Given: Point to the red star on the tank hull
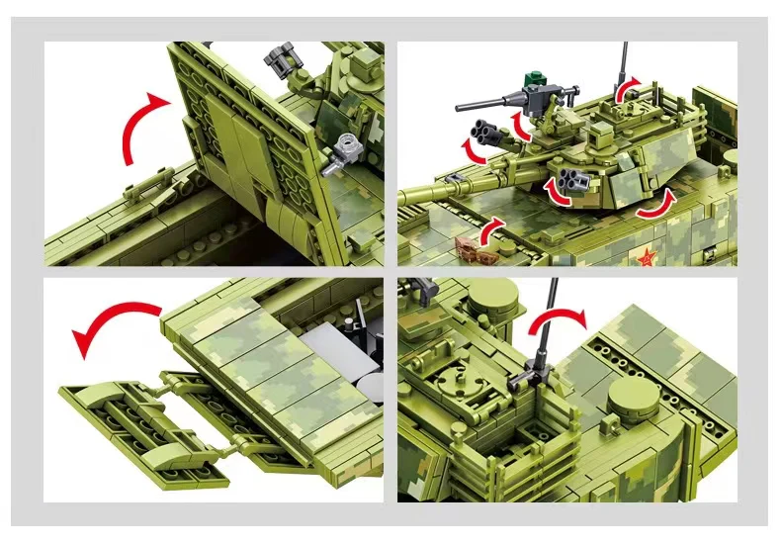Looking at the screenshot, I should pos(648,258).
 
